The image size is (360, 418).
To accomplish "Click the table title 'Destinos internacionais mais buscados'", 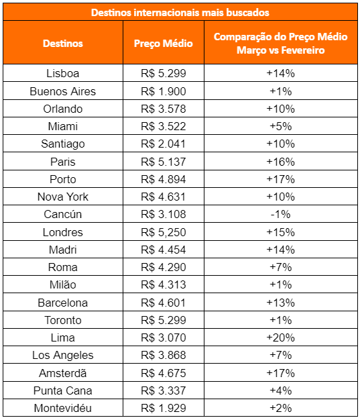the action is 180,13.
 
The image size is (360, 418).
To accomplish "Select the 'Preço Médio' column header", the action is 163,43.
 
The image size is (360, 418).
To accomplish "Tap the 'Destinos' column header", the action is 63,43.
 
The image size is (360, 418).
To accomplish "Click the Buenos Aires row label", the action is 63,91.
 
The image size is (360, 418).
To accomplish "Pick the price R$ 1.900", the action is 163,91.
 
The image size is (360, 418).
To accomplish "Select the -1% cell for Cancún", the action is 281,214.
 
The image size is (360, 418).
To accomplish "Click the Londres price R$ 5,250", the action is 163,232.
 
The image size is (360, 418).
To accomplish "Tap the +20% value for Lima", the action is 281,337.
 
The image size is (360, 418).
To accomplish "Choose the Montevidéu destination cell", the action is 63,408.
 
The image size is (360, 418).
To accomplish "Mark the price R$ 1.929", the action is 163,408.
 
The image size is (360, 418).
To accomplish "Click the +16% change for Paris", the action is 281,162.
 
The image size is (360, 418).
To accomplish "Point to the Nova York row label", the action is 63,197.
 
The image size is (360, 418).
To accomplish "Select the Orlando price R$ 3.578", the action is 163,109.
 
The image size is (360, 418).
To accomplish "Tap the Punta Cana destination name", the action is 63,390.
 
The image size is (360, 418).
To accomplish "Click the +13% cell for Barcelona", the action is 281,303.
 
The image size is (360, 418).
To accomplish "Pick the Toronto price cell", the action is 163,320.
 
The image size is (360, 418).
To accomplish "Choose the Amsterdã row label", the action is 63,373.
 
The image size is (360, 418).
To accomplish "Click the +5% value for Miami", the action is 281,126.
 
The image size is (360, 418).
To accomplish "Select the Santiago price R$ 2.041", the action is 163,144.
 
